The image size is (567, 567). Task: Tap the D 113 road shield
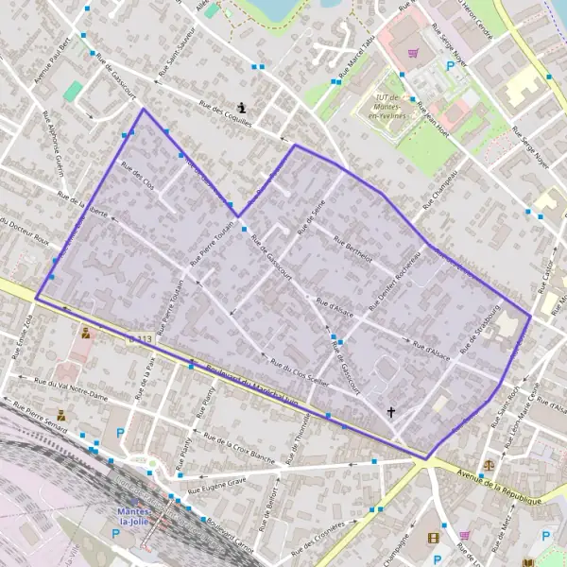click(x=139, y=338)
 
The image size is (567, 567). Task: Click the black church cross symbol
click(x=391, y=412)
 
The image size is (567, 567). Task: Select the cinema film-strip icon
click(x=434, y=539)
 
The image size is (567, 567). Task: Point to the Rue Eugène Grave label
click(x=216, y=487)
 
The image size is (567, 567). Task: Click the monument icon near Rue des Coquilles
click(x=244, y=107)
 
